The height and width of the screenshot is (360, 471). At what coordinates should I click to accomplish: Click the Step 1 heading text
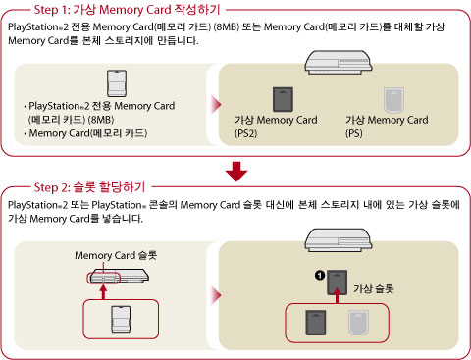(128, 10)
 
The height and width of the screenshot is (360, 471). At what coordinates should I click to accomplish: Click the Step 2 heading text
(89, 187)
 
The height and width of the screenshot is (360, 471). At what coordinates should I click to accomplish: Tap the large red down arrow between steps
(236, 172)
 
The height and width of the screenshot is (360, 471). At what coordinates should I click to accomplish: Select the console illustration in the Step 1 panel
(339, 62)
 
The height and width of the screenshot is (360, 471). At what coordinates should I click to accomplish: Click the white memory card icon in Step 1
(117, 83)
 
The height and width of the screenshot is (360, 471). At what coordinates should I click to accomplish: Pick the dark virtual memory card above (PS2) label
(283, 99)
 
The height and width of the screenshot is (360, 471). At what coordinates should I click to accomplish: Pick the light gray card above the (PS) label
(393, 100)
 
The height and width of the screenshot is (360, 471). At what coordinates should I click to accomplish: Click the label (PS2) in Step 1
(246, 133)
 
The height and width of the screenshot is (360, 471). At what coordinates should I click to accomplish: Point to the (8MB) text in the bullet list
(101, 120)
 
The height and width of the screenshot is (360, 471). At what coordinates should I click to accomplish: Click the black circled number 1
(320, 275)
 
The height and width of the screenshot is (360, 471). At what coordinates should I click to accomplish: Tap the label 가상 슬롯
(373, 288)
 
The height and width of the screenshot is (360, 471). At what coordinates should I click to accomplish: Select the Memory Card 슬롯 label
(116, 255)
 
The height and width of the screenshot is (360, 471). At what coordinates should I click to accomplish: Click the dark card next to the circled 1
(338, 283)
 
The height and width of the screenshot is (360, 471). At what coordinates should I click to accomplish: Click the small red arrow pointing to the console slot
(103, 292)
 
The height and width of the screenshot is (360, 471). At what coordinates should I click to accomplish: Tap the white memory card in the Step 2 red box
(121, 319)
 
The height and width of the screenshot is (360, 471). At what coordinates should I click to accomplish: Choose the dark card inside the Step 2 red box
(316, 323)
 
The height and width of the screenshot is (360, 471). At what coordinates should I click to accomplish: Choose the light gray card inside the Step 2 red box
(358, 323)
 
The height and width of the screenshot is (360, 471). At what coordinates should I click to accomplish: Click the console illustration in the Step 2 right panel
(339, 240)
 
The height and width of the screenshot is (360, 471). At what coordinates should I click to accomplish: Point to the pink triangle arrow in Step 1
(216, 105)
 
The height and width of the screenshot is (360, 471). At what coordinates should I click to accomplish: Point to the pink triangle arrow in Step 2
(216, 295)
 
